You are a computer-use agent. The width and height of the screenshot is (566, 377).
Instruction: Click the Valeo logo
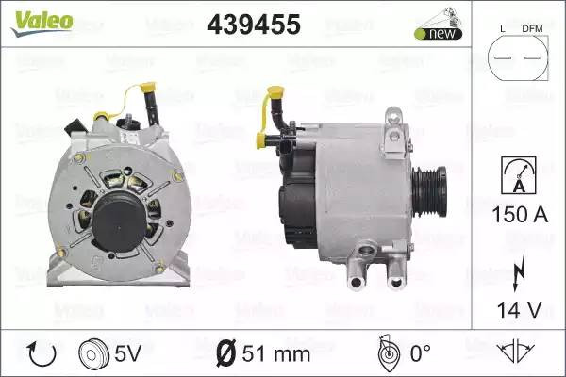(x=42, y=23)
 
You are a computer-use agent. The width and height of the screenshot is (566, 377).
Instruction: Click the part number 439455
(x=254, y=25)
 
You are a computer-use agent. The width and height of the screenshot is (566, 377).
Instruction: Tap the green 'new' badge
(x=439, y=34)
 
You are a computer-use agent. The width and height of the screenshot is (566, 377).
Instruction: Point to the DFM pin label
(x=532, y=29)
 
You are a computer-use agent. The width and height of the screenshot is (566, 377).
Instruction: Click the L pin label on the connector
(x=503, y=29)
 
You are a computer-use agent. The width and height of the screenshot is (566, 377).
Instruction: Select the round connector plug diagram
(x=518, y=57)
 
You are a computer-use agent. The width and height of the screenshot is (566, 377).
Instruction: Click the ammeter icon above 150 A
(x=519, y=175)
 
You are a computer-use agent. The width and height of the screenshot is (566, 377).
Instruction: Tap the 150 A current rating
(x=520, y=214)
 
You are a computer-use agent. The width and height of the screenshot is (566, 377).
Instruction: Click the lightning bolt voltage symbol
(x=519, y=271)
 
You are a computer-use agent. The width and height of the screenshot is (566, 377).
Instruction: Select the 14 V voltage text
(x=519, y=309)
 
